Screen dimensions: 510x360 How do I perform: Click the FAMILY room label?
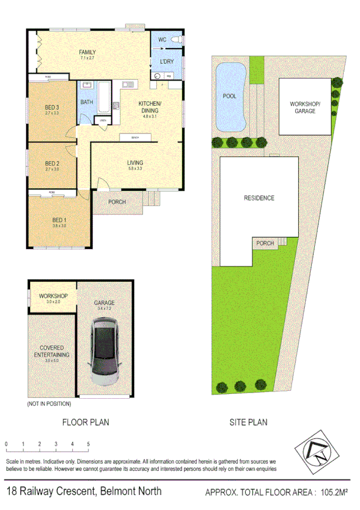pyautogui.click(x=87, y=52)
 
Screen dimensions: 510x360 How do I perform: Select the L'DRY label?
pyautogui.click(x=166, y=62)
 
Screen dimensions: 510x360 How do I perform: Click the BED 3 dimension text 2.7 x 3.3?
pyautogui.click(x=52, y=113)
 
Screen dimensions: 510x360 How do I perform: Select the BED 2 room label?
pyautogui.click(x=52, y=163)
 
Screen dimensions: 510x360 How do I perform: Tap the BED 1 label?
pyautogui.click(x=58, y=220)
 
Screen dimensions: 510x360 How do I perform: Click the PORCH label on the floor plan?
pyautogui.click(x=117, y=202)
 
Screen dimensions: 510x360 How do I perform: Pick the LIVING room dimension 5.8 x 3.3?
pyautogui.click(x=135, y=169)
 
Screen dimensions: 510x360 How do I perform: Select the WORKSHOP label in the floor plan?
pyautogui.click(x=53, y=296)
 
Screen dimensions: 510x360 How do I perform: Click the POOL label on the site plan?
pyautogui.click(x=230, y=96)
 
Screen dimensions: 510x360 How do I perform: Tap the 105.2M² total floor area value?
pyautogui.click(x=334, y=492)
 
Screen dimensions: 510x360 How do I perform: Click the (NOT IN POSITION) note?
pyautogui.click(x=49, y=404)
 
